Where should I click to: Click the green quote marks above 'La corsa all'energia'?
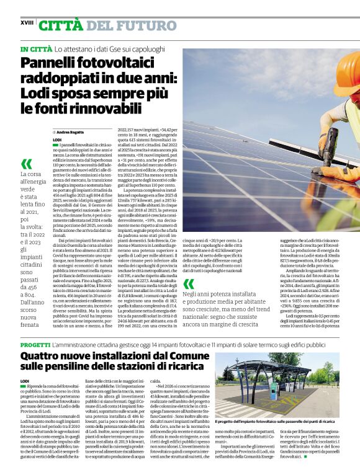pyautogui.click(x=27, y=164)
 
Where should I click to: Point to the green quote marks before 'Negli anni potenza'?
pyautogui.click(x=188, y=284)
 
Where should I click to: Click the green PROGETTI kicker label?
pyautogui.click(x=35, y=344)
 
